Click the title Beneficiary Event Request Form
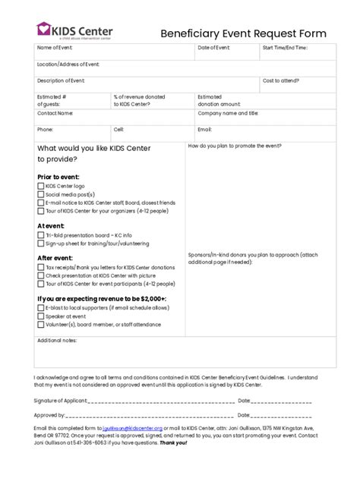[243, 33]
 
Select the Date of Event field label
[214, 48]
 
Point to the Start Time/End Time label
[285, 48]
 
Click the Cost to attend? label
[281, 80]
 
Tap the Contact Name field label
[55, 113]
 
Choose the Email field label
[205, 129]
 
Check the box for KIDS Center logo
[41, 186]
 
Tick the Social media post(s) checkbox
[41, 194]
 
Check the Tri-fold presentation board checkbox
[41, 235]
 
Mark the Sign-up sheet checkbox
[41, 244]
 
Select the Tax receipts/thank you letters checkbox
[41, 268]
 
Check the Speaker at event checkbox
[41, 316]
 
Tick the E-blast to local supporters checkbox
[41, 308]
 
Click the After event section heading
[55, 258]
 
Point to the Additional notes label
[57, 341]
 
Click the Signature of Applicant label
[61, 400]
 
